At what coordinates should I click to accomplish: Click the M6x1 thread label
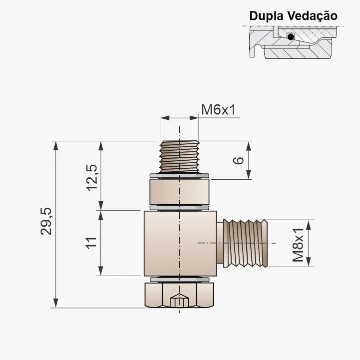[218, 109]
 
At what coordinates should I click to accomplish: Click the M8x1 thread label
[298, 244]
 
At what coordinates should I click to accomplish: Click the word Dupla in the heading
[267, 15]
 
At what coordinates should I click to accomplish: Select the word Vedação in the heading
[313, 15]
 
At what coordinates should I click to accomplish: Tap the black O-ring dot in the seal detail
[291, 36]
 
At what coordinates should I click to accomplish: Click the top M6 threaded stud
[179, 156]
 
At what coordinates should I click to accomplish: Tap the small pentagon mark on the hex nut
[179, 301]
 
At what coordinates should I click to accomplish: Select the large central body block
[179, 243]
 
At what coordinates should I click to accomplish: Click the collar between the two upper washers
[179, 191]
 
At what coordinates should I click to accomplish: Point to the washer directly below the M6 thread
[179, 175]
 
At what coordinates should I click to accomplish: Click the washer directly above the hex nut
[179, 279]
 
